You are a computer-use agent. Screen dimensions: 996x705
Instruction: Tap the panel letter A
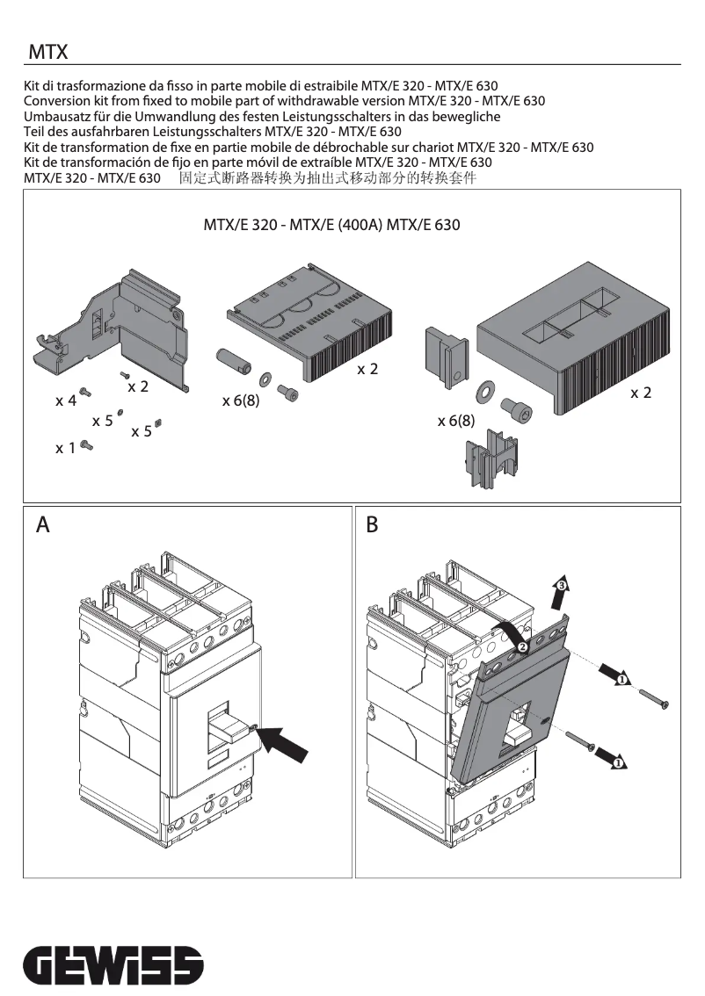click(43, 525)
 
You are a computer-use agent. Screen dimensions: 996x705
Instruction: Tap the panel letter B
click(372, 525)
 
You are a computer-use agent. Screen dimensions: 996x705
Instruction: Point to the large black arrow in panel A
click(287, 741)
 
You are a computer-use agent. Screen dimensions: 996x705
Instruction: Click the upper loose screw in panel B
click(652, 699)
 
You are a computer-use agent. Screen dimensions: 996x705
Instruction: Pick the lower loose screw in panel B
click(579, 742)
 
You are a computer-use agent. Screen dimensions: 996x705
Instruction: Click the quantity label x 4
click(66, 401)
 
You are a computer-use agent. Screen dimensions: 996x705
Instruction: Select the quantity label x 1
click(66, 449)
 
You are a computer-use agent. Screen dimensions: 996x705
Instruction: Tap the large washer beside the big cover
click(484, 391)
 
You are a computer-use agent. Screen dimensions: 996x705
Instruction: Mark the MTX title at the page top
click(47, 54)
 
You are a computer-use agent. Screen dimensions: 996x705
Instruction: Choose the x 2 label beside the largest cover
click(641, 393)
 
